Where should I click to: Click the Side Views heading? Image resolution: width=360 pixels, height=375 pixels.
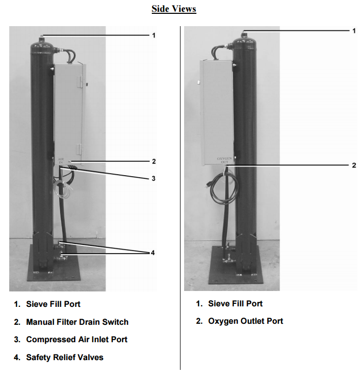[174, 9]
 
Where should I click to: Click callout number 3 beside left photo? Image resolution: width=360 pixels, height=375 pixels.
[152, 178]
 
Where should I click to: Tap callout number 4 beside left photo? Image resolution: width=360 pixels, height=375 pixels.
[152, 253]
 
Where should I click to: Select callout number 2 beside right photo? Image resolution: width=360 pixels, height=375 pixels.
[353, 165]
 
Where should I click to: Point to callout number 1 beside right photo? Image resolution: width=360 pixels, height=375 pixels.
[353, 31]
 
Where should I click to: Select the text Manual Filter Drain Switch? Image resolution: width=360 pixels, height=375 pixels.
[77, 322]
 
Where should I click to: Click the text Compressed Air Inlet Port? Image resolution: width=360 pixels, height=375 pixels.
[76, 339]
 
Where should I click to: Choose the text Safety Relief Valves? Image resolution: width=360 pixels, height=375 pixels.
[65, 357]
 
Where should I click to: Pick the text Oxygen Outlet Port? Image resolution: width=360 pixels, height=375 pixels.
[245, 321]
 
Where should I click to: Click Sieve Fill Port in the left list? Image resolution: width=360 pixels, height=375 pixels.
[53, 304]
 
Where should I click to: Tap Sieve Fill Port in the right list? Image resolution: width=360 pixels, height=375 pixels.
[235, 303]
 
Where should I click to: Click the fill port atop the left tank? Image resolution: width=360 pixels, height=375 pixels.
[41, 36]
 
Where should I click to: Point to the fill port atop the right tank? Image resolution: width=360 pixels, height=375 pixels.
[244, 33]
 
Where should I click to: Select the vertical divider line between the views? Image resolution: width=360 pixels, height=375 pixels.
[180, 205]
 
